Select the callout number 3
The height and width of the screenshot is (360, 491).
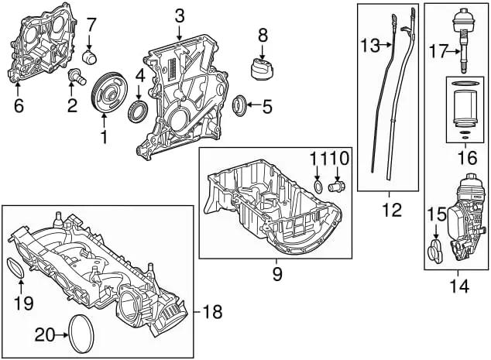click(179, 15)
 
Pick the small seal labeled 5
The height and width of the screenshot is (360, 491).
click(241, 103)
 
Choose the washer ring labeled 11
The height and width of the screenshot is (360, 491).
click(318, 187)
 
